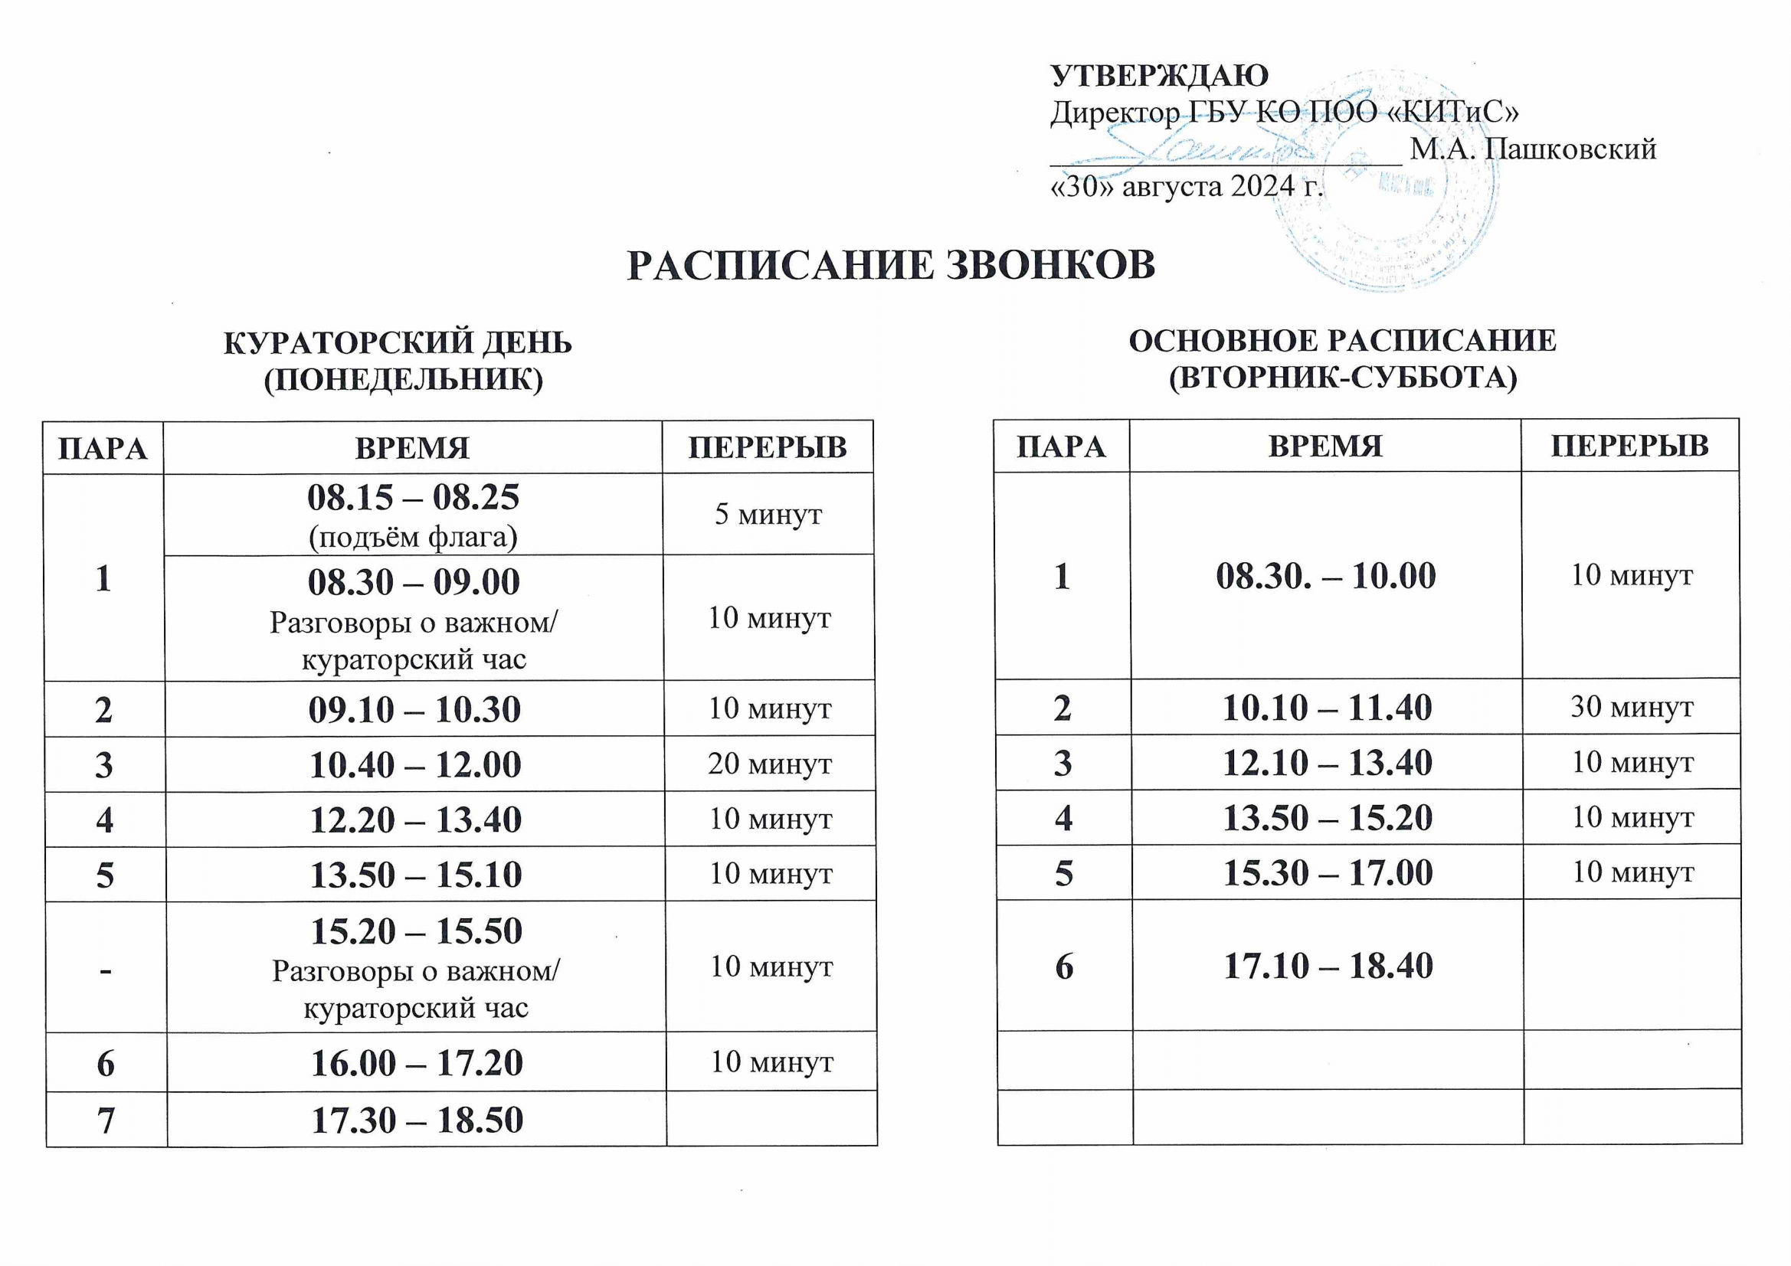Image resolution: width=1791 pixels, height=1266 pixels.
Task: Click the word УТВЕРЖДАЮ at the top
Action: click(1159, 76)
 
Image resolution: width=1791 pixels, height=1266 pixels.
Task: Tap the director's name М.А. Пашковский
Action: click(1533, 149)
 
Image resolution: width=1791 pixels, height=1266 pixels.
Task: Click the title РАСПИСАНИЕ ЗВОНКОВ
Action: click(891, 265)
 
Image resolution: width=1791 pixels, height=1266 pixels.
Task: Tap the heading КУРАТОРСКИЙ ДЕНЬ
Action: click(398, 342)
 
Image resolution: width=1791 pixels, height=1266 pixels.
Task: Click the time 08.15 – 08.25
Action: click(413, 497)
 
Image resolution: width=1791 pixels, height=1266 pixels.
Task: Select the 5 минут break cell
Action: click(768, 514)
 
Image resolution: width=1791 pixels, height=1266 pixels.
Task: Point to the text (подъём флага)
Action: click(413, 537)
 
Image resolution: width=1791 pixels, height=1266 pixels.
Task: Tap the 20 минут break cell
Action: click(769, 764)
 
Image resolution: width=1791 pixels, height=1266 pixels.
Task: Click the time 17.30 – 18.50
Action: click(417, 1120)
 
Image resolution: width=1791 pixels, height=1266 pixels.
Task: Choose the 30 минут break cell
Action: click(1631, 707)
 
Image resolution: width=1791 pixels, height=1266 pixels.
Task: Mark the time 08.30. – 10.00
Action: click(1325, 576)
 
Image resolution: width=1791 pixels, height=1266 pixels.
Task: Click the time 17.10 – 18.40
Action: click(1328, 966)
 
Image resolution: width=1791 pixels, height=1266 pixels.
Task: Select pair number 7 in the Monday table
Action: click(105, 1120)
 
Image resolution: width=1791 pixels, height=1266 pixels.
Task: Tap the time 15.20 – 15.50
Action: click(416, 931)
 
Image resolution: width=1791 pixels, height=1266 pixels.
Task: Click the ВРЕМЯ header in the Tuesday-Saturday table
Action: click(1325, 447)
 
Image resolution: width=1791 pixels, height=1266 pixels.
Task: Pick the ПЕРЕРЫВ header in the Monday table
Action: click(767, 448)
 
